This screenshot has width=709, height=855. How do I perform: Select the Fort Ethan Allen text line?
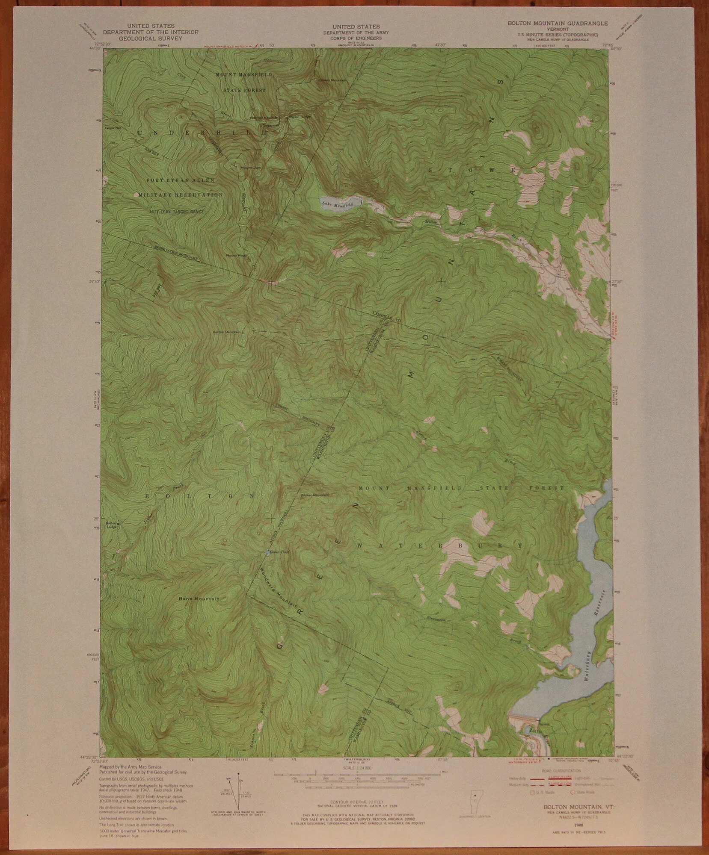[180, 181]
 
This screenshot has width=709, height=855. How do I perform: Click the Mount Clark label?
[251, 167]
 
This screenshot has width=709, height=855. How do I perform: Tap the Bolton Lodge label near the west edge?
[112, 524]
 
